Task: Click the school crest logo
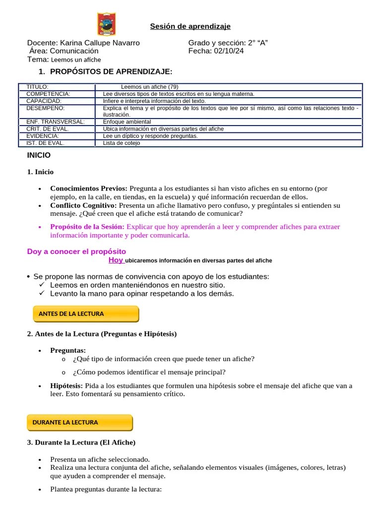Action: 107,24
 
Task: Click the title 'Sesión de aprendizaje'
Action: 190,26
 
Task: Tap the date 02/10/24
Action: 229,51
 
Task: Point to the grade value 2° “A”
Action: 257,43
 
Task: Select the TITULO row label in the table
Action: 37,87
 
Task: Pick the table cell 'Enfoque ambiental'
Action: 127,122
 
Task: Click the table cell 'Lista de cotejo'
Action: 122,143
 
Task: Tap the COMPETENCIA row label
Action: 48,94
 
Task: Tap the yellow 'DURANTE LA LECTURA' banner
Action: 79,423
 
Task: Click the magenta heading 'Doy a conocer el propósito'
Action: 76,252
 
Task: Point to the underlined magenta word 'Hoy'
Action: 116,260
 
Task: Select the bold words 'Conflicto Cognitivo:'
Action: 83,205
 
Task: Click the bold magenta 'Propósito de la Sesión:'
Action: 87,227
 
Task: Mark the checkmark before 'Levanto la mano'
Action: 42,293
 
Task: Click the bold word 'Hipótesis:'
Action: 66,385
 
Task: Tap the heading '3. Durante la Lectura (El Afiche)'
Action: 81,442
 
